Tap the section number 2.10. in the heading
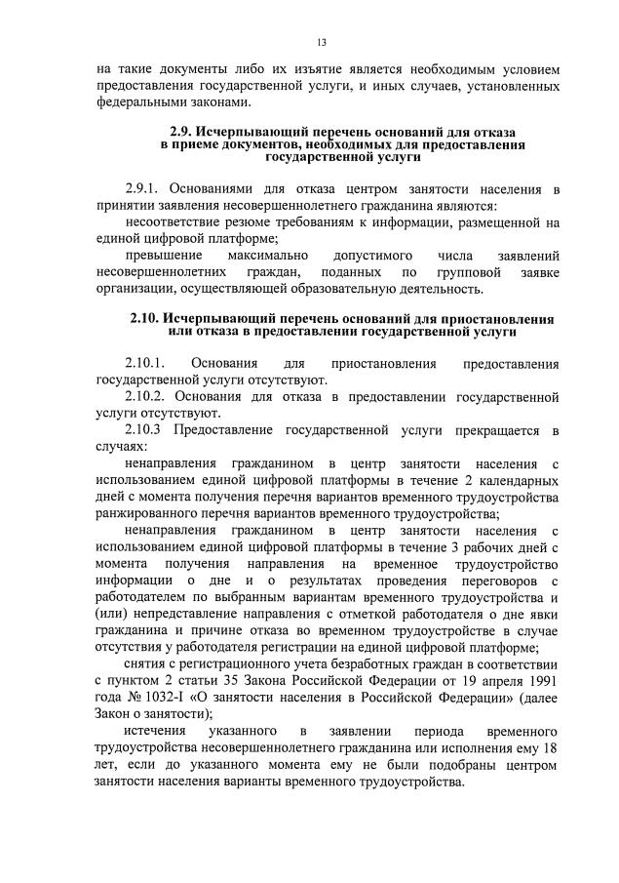click(146, 319)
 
